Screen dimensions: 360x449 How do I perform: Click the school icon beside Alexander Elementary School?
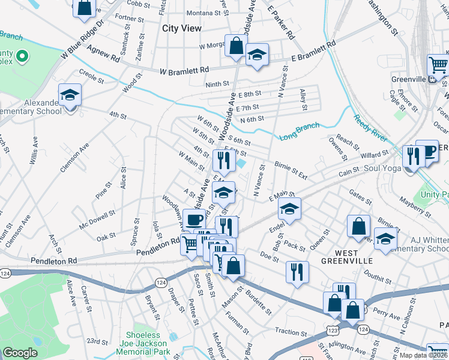70,95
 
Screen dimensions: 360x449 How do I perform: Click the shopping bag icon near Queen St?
358,226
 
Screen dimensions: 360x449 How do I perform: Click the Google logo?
20,353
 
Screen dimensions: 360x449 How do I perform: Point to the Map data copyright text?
424,356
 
